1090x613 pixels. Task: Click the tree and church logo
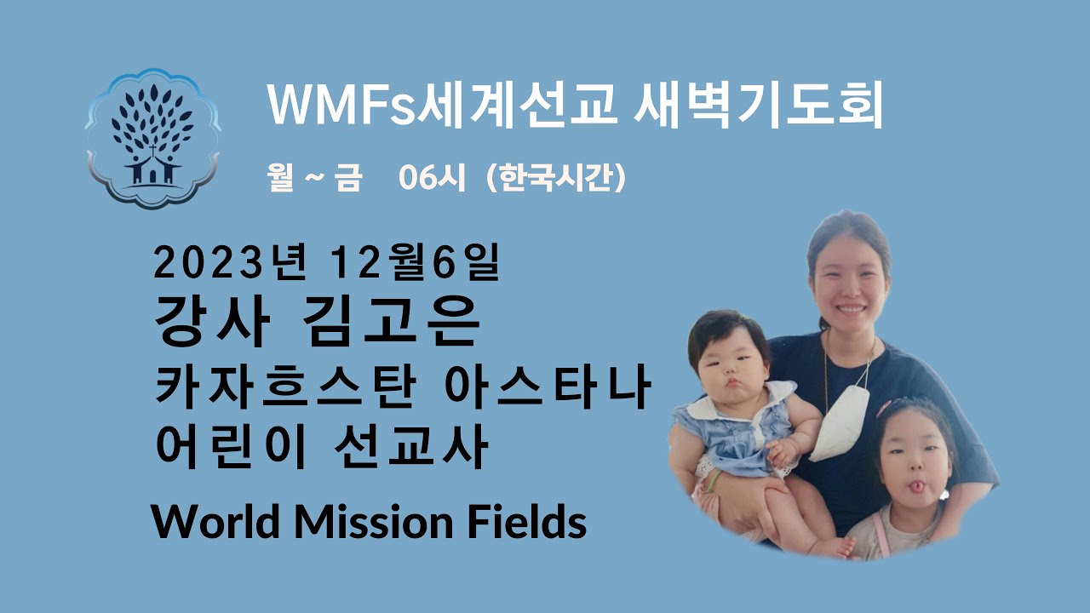pyautogui.click(x=152, y=139)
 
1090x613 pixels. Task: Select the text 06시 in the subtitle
pyautogui.click(x=437, y=180)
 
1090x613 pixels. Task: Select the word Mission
pyautogui.click(x=378, y=521)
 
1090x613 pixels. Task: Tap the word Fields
pyautogui.click(x=529, y=521)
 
